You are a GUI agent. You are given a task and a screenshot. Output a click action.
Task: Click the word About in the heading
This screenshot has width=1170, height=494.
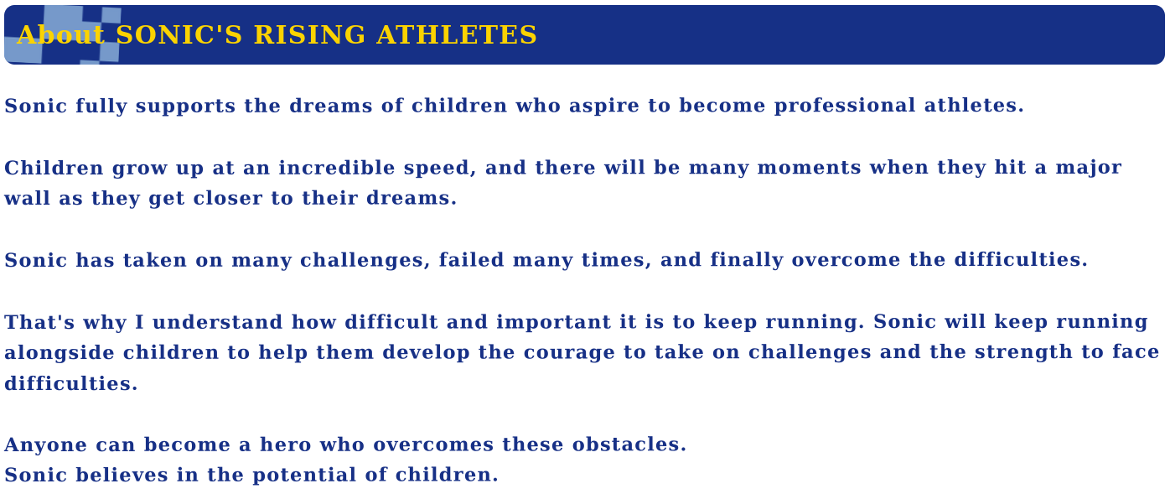tap(60, 35)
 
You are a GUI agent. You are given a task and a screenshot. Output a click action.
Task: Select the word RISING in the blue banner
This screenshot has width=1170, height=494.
tap(309, 35)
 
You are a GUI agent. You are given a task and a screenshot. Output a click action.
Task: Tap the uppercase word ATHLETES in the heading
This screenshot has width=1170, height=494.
tap(457, 35)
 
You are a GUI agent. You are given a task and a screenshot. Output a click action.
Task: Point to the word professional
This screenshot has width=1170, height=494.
tap(845, 107)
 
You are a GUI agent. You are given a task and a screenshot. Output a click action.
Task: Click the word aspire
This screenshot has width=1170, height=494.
tap(603, 107)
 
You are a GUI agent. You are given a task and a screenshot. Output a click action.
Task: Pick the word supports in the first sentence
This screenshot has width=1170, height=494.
tap(185, 107)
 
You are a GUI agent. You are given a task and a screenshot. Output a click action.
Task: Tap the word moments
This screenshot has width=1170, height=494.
tap(809, 168)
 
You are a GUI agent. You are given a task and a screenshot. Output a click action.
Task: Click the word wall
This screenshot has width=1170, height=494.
tap(27, 198)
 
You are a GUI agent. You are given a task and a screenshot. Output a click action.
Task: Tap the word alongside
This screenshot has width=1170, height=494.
tap(59, 353)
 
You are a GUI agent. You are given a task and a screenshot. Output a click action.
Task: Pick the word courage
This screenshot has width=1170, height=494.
tap(569, 353)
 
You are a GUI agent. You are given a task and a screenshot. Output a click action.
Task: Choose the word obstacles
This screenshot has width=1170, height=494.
tap(629, 445)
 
